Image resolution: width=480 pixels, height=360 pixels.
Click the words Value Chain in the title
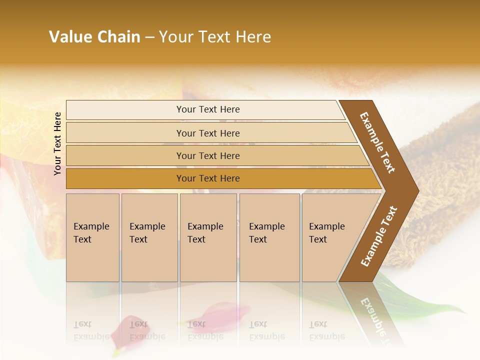(x=94, y=37)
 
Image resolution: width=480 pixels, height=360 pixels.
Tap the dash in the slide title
(x=149, y=37)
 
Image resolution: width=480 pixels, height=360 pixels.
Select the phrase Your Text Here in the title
(x=215, y=37)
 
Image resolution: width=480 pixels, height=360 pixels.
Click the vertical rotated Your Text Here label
(x=57, y=143)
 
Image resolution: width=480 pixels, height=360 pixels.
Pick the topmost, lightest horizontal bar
(x=207, y=109)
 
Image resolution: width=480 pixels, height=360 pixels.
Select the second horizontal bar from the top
(x=207, y=133)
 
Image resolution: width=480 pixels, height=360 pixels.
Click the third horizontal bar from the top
(x=207, y=155)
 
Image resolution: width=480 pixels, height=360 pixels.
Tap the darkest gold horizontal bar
(x=207, y=178)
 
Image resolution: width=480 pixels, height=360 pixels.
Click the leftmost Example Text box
(x=92, y=237)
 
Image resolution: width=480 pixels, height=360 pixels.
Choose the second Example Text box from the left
(x=149, y=237)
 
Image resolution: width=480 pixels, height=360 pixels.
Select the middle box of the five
(x=208, y=237)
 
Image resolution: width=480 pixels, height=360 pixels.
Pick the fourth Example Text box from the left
(x=269, y=237)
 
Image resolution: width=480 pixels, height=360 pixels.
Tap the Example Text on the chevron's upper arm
(x=377, y=142)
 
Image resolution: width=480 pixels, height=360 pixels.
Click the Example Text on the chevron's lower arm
(x=378, y=236)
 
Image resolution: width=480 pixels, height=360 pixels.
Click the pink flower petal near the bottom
(x=127, y=327)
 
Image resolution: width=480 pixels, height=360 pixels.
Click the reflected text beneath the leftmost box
(x=91, y=331)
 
